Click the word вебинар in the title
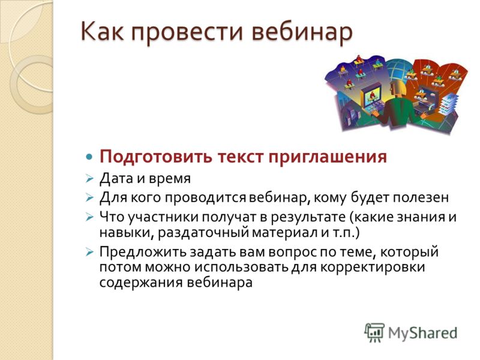click(302, 32)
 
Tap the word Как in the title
click(102, 31)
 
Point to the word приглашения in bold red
click(328, 157)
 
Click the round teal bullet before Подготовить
click(89, 157)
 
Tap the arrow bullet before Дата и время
click(89, 178)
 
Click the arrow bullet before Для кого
click(89, 198)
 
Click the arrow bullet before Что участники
click(89, 217)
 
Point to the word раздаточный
click(203, 233)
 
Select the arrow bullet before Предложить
click(89, 253)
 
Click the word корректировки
click(373, 267)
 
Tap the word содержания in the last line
click(141, 282)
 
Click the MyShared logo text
click(422, 333)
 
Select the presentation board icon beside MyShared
click(374, 332)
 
